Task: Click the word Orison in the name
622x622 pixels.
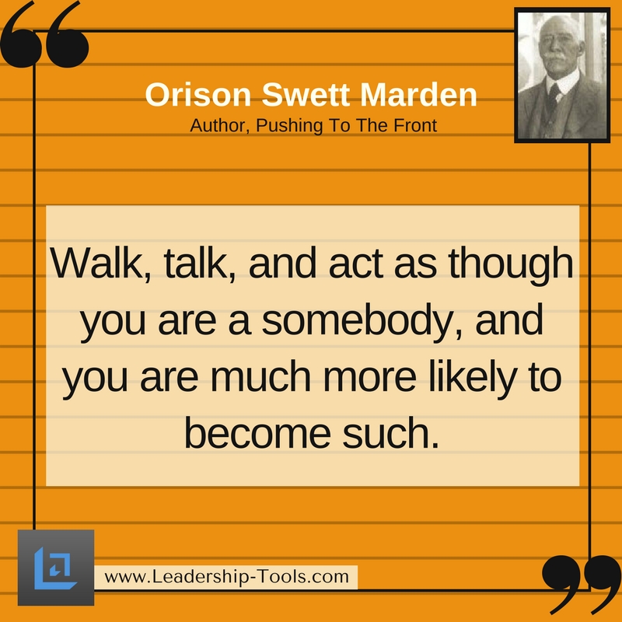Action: [x=198, y=94]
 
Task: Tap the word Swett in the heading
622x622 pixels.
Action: [x=306, y=94]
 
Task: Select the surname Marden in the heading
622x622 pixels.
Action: [x=418, y=94]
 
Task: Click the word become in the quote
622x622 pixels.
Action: [x=257, y=433]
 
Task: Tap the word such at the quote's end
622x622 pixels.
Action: [x=391, y=433]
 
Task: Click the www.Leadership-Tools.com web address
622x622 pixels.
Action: [x=226, y=577]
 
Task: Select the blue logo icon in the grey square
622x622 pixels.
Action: [x=55, y=568]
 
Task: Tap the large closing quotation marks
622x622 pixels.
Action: [x=582, y=584]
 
